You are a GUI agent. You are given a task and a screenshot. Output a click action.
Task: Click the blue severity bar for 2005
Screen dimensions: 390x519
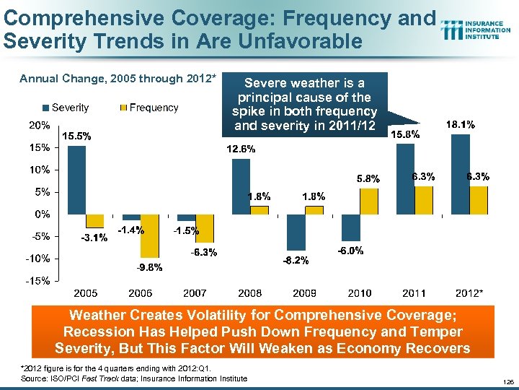(76, 180)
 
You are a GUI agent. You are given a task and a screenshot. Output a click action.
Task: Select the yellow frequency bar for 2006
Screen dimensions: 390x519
(150, 235)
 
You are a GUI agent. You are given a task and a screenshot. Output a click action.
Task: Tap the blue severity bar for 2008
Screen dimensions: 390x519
(241, 186)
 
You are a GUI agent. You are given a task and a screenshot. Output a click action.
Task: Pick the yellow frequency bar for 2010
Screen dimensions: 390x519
(368, 201)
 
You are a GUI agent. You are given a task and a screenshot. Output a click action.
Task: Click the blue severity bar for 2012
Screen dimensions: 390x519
(459, 174)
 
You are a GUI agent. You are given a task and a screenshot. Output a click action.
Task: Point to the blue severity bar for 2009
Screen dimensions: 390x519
(296, 232)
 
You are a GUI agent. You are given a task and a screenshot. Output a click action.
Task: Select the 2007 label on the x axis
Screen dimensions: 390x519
(195, 293)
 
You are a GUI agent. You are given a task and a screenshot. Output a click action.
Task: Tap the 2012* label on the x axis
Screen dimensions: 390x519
(469, 293)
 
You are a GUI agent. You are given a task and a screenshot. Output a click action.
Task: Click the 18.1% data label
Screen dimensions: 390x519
(461, 125)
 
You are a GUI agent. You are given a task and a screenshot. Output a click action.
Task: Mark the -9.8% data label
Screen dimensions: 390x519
(150, 267)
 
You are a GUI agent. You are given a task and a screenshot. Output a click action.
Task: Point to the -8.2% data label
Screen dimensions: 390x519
(296, 260)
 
